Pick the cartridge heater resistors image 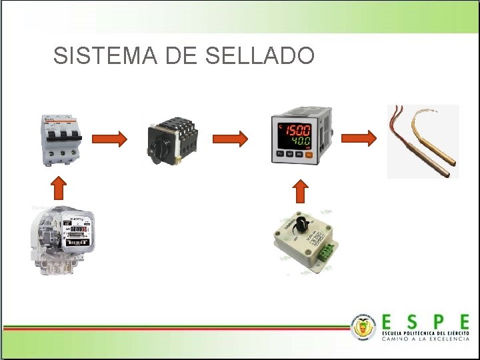pyautogui.click(x=423, y=141)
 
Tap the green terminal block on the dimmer pyautogui.click(x=326, y=251)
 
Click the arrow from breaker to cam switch pyautogui.click(x=109, y=139)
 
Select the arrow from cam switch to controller pyautogui.click(x=230, y=139)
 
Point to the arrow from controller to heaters pyautogui.click(x=359, y=139)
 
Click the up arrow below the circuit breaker pyautogui.click(x=59, y=188)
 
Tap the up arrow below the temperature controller pyautogui.click(x=301, y=191)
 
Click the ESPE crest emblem pyautogui.click(x=364, y=326)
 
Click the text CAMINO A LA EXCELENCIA pyautogui.click(x=425, y=339)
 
